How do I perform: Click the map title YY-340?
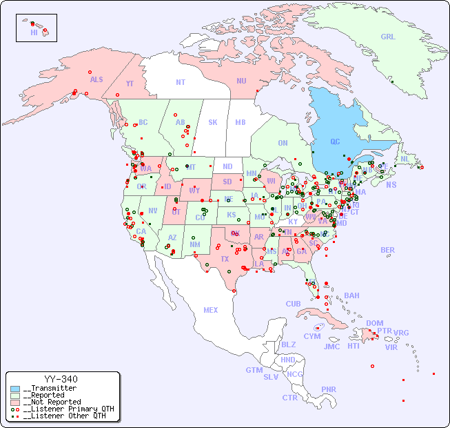[x=61, y=379]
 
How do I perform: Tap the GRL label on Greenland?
[x=388, y=37]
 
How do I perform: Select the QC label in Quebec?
[x=335, y=142]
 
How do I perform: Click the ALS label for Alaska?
[x=96, y=79]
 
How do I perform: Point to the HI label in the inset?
[x=34, y=32]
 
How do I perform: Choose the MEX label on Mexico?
[x=211, y=310]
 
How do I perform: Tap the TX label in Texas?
[x=224, y=259]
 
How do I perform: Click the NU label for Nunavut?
[x=241, y=81]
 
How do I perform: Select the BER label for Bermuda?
[x=388, y=250]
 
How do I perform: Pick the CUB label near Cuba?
[x=294, y=304]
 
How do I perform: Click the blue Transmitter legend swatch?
[x=15, y=389]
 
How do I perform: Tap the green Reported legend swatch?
[x=15, y=396]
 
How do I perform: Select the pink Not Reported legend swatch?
[x=15, y=402]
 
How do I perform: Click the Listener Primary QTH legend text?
[x=68, y=409]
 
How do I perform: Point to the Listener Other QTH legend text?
[x=65, y=416]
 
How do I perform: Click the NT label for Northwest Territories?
[x=180, y=82]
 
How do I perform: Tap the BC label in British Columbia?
[x=143, y=122]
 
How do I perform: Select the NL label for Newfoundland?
[x=405, y=158]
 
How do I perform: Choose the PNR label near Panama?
[x=329, y=389]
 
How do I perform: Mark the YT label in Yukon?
[x=130, y=84]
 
